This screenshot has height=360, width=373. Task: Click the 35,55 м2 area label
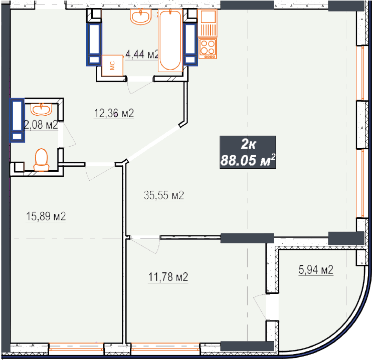pyautogui.click(x=164, y=195)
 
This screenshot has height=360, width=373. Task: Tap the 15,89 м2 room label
pyautogui.click(x=46, y=216)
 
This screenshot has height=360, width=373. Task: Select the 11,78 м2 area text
pyautogui.click(x=168, y=277)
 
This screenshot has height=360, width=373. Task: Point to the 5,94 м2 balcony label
pyautogui.click(x=316, y=270)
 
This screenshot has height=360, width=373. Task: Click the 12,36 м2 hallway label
pyautogui.click(x=114, y=113)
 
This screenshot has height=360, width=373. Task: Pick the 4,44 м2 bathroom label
pyautogui.click(x=142, y=55)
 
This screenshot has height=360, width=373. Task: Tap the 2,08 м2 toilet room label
pyautogui.click(x=41, y=125)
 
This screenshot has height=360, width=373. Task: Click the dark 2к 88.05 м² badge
pyautogui.click(x=248, y=152)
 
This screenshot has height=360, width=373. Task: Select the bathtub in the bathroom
pyautogui.click(x=170, y=41)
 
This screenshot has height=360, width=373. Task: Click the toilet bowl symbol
pyautogui.click(x=42, y=160)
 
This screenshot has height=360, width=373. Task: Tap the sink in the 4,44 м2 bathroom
pyautogui.click(x=141, y=17)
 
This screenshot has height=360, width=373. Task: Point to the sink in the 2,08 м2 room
pyautogui.click(x=41, y=110)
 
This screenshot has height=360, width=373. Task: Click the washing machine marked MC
pyautogui.click(x=112, y=66)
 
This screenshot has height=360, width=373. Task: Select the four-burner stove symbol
pyautogui.click(x=208, y=49)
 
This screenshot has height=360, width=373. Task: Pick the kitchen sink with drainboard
pyautogui.click(x=208, y=24)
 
